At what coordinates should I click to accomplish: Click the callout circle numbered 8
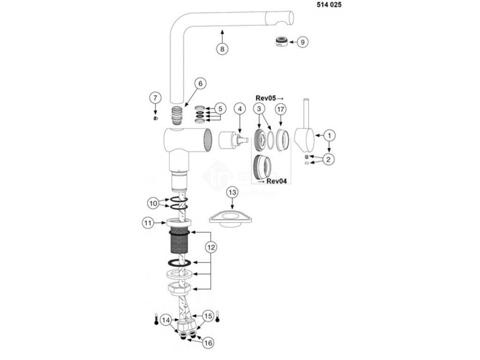tap(222, 48)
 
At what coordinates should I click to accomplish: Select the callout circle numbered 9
tap(302, 42)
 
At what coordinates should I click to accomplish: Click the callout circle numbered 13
tap(232, 192)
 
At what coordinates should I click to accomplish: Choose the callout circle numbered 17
tap(280, 109)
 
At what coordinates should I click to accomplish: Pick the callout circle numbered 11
tap(148, 224)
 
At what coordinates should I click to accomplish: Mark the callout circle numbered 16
tap(208, 343)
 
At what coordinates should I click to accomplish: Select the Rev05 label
tap(270, 97)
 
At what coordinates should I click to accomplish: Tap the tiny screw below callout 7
tap(156, 118)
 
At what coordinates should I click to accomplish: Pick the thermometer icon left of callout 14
tap(156, 320)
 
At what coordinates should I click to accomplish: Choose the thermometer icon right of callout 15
tap(217, 317)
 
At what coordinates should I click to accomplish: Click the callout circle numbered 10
tap(153, 203)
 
